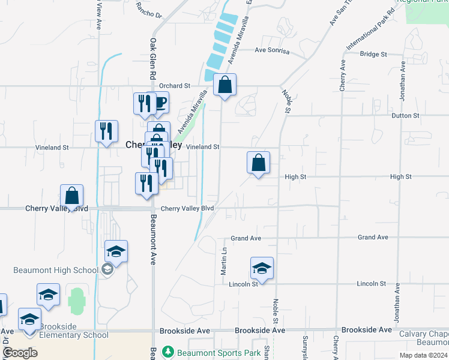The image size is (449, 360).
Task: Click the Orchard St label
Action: pyautogui.click(x=174, y=86)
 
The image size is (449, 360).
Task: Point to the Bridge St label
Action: pyautogui.click(x=373, y=54)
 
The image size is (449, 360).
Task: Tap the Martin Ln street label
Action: pyautogui.click(x=223, y=262)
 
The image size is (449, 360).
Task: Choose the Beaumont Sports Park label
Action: pyautogui.click(x=219, y=353)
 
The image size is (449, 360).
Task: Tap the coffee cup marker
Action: pyautogui.click(x=160, y=103)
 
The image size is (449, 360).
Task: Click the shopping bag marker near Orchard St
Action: pyautogui.click(x=224, y=85)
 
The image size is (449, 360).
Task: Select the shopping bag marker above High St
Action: pyautogui.click(x=258, y=163)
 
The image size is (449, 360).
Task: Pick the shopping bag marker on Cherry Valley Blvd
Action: pyautogui.click(x=71, y=196)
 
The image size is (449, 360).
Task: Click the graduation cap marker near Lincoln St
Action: pyautogui.click(x=262, y=268)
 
